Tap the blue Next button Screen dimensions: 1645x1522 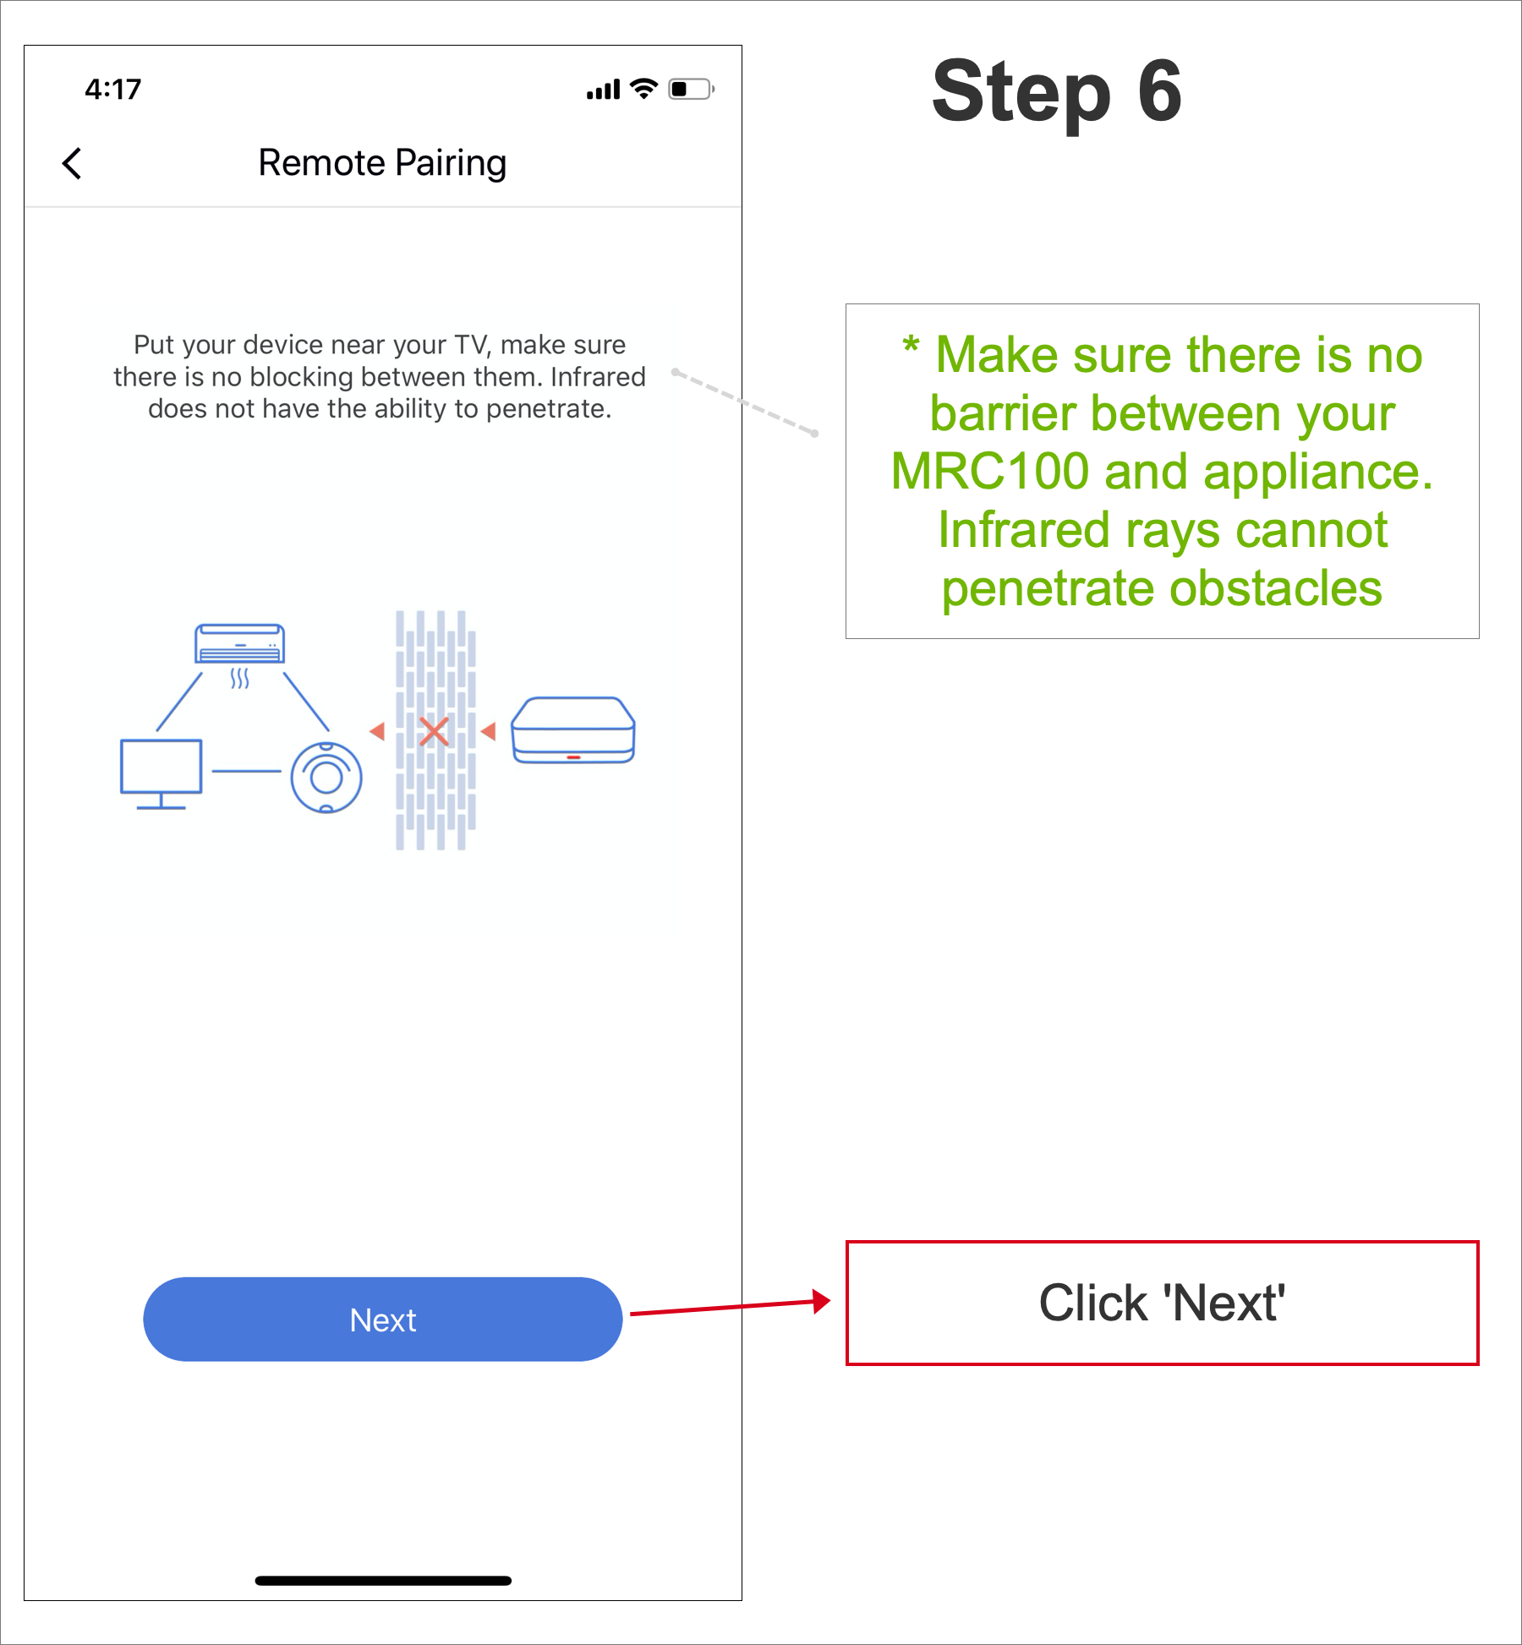click(x=382, y=1319)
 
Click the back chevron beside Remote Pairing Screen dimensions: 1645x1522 click(x=73, y=163)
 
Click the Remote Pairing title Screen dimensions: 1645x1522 click(x=382, y=163)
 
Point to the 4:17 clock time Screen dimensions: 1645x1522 click(x=112, y=89)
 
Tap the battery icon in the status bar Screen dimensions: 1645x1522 click(x=691, y=89)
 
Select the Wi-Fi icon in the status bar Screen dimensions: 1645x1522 click(x=644, y=89)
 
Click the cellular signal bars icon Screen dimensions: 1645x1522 click(x=603, y=90)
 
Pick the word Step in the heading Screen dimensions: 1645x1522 click(x=1021, y=93)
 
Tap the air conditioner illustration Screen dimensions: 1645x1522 click(x=240, y=646)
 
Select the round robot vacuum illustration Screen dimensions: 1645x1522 click(x=326, y=777)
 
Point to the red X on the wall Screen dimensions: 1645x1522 click(x=434, y=731)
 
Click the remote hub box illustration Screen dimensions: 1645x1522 click(x=573, y=730)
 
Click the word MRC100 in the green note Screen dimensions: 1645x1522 click(x=989, y=471)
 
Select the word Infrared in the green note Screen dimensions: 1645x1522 click(x=1024, y=530)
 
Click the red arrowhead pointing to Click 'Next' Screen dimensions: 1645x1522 click(x=820, y=1301)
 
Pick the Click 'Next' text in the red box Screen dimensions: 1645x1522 click(x=1162, y=1303)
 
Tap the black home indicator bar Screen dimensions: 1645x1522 click(x=383, y=1580)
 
